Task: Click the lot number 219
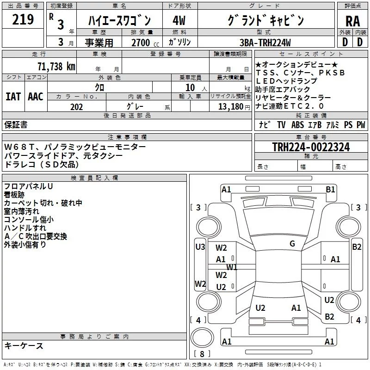[x=23, y=20]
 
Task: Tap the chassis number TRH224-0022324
[x=310, y=147]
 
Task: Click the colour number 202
[x=76, y=107]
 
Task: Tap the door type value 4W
[x=179, y=21]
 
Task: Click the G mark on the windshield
[x=292, y=244]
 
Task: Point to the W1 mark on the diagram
[x=232, y=267]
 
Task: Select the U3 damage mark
[x=200, y=247]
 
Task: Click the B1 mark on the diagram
[x=330, y=189]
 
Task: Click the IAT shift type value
[x=13, y=97]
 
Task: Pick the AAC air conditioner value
[x=36, y=97]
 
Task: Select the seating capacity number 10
[x=191, y=87]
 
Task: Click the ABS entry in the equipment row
[x=298, y=124]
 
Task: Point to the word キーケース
[x=24, y=345]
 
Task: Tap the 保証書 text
[x=16, y=124]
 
